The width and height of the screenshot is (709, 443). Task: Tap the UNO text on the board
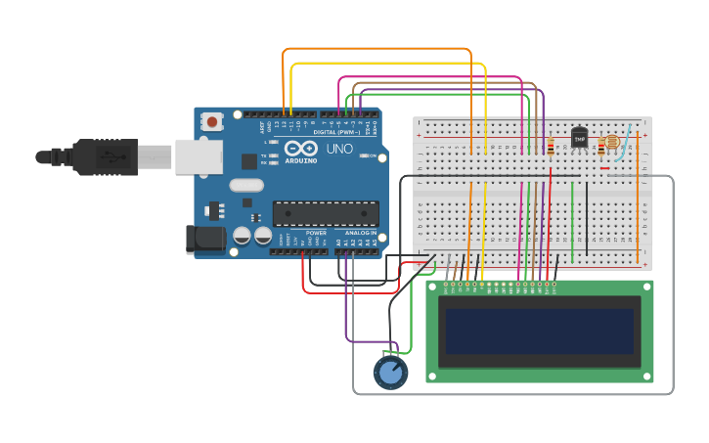click(338, 150)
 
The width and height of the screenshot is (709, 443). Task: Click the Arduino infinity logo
click(301, 148)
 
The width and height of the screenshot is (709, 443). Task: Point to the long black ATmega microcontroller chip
click(326, 213)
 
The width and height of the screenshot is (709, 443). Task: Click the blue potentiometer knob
click(390, 372)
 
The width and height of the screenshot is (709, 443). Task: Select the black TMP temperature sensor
click(579, 140)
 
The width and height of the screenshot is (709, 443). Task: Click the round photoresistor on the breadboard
click(612, 142)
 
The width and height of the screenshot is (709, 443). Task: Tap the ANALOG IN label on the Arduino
click(360, 233)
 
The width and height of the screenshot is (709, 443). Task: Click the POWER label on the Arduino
click(316, 233)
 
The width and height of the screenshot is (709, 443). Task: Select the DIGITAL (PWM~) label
click(335, 131)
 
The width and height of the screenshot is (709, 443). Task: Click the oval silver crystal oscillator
click(247, 185)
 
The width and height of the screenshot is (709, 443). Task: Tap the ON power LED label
click(374, 155)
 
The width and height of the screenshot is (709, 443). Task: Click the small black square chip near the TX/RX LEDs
click(249, 161)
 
